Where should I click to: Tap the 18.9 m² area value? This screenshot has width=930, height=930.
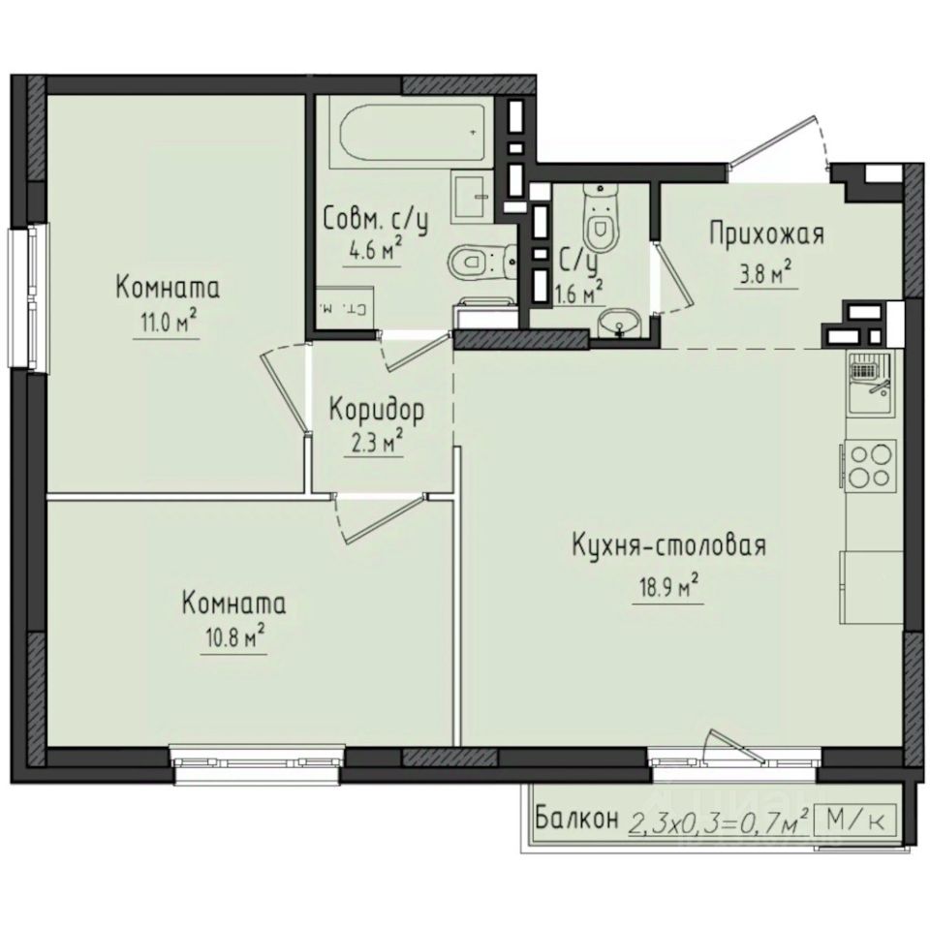coord(666,587)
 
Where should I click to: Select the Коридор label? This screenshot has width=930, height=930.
coord(376,410)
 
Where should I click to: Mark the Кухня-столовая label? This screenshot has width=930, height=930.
coord(668,546)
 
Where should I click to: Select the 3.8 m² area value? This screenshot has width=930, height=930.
coord(764,273)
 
